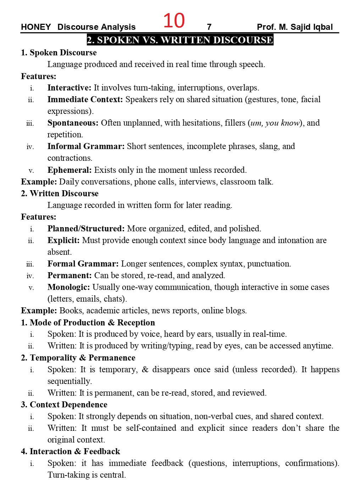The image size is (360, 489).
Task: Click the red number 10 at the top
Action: tap(174, 21)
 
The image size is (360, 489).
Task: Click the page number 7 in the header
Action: tap(209, 27)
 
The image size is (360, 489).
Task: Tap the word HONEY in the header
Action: tap(36, 27)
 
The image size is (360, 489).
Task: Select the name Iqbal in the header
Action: tap(322, 27)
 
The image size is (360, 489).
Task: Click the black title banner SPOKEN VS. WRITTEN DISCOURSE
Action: tap(180, 40)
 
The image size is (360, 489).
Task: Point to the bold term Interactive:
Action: tap(69, 88)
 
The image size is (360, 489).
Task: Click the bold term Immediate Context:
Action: tap(85, 99)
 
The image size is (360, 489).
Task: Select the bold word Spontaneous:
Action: tap(73, 123)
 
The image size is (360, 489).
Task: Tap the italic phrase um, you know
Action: tap(275, 123)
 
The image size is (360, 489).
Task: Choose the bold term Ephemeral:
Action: tap(70, 170)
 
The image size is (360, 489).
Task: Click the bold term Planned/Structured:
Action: tap(86, 229)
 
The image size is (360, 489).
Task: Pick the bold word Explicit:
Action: tap(63, 240)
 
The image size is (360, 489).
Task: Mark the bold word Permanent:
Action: tap(70, 275)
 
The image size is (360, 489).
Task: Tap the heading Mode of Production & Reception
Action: tap(92, 323)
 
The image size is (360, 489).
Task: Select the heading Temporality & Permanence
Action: tap(82, 358)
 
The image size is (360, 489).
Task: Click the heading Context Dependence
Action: tap(68, 405)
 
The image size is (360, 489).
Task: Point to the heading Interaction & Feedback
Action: tap(75, 451)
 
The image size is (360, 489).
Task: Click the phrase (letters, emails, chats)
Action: tap(87, 299)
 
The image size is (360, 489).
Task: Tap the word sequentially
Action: tap(70, 381)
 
